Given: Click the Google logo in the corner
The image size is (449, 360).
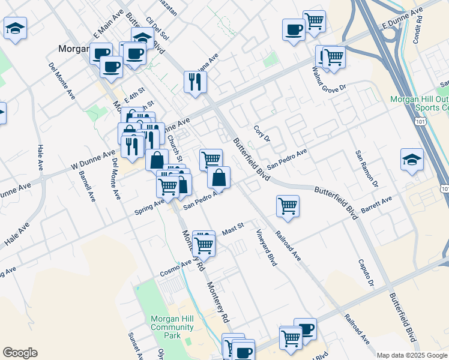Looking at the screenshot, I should click(20, 353).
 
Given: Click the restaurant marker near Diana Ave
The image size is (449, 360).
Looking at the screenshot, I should click(194, 82).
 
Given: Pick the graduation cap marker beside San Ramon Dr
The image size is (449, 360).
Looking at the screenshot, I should click(412, 160).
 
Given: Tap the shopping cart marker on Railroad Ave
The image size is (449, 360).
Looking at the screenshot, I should click(288, 206).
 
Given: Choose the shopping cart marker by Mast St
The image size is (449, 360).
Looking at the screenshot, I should click(203, 244).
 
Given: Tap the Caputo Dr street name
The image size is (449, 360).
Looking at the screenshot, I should click(366, 274).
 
